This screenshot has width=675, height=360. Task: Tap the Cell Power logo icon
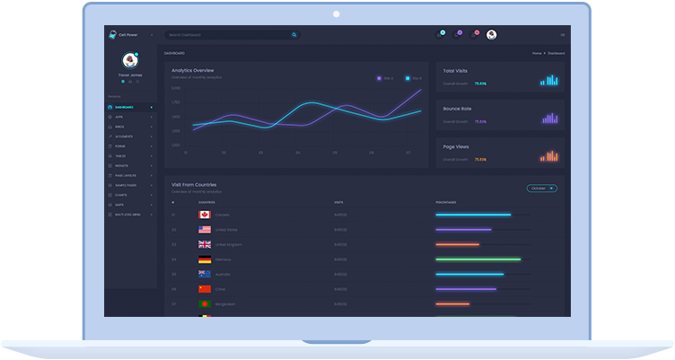[112, 35]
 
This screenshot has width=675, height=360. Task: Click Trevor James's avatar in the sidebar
[130, 60]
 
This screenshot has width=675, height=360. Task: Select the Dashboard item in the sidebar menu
[125, 107]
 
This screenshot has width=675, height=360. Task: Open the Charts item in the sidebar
[121, 194]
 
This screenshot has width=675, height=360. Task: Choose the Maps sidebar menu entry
[119, 205]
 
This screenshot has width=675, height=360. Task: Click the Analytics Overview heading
[192, 70]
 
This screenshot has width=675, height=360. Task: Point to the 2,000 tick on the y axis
[176, 89]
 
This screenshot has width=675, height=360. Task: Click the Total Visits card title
[455, 70]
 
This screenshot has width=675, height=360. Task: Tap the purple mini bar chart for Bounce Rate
[549, 118]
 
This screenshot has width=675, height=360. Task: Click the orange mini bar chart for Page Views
[549, 156]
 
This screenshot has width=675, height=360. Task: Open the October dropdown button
[541, 189]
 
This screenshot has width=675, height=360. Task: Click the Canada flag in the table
[205, 215]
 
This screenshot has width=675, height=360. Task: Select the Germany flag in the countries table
[205, 259]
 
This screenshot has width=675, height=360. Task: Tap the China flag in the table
[205, 289]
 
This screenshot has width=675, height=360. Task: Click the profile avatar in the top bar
[491, 35]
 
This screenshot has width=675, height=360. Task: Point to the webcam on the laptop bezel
[337, 13]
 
